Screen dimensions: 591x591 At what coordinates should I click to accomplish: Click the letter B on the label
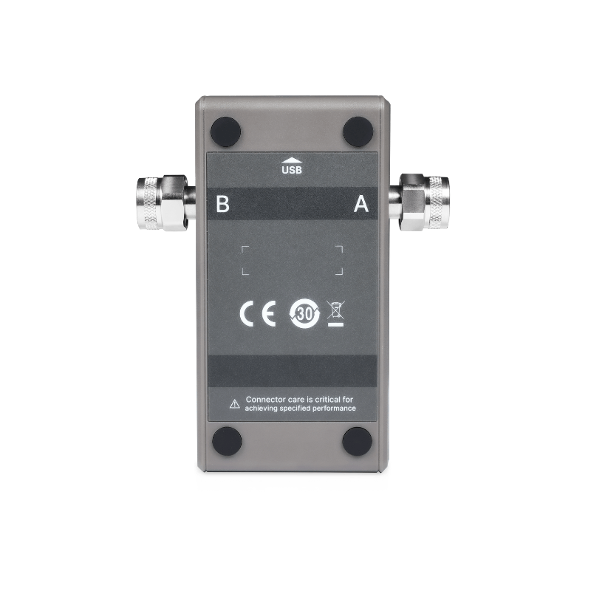click(222, 204)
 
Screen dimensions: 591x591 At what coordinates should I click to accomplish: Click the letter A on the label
click(361, 204)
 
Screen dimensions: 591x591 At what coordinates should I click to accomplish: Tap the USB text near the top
click(292, 170)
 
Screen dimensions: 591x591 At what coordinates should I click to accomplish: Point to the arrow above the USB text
click(292, 160)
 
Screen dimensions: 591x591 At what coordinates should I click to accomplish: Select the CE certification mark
click(258, 312)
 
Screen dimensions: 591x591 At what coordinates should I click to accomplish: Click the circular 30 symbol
click(304, 313)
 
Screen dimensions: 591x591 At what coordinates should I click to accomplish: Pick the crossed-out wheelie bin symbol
click(335, 313)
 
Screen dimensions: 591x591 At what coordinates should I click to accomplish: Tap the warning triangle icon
click(234, 404)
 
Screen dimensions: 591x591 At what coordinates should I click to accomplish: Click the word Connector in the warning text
click(265, 399)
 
